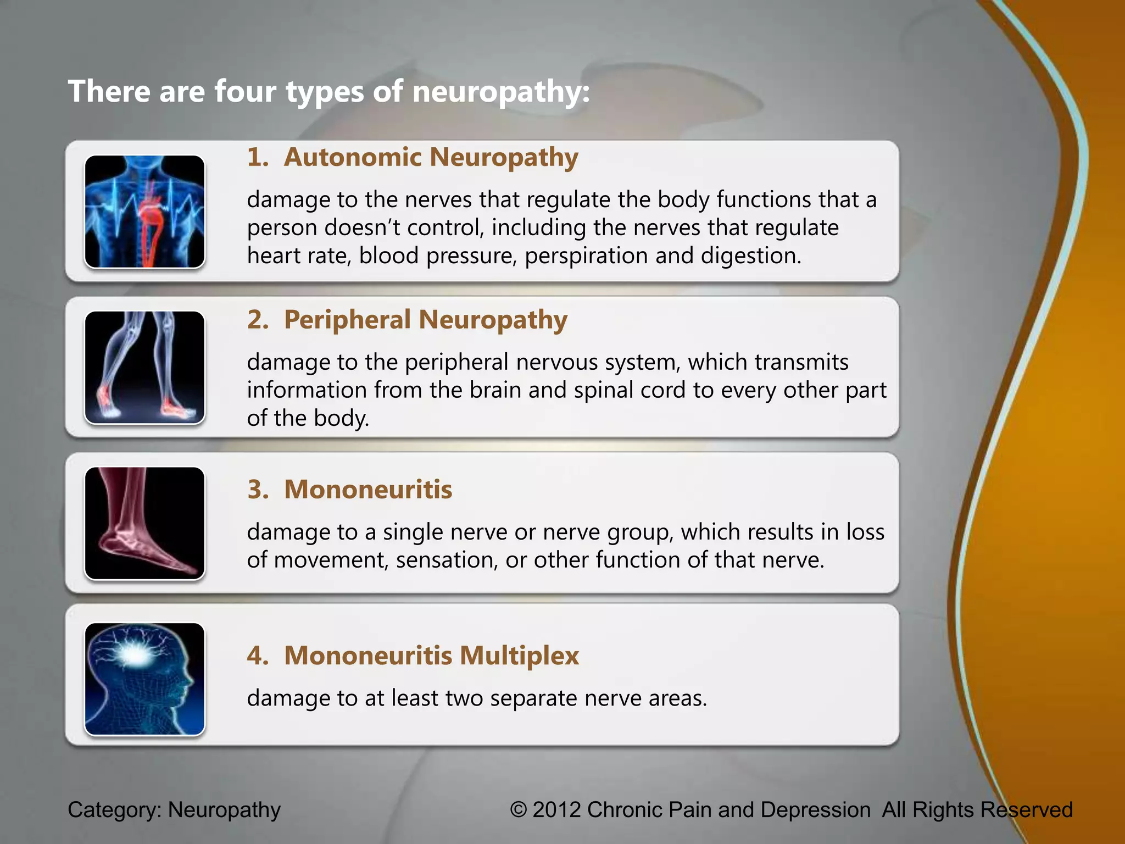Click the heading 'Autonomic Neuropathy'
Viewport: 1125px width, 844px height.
431,158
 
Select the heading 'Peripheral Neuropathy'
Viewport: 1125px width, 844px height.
425,320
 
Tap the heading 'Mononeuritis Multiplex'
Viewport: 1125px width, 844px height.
431,656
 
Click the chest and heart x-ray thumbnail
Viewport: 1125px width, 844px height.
144,212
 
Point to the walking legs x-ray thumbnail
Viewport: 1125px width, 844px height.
144,368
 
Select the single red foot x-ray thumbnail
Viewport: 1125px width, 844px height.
144,523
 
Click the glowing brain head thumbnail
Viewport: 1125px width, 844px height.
144,679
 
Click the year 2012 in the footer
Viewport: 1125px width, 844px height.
556,810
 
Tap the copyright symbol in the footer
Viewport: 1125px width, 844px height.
519,810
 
